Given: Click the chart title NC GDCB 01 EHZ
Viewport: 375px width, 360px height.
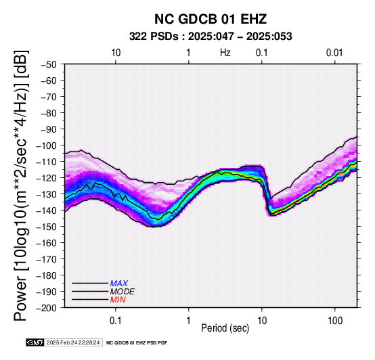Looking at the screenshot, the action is [211, 19].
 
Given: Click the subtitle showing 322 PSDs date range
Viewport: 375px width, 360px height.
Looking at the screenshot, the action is [211, 37].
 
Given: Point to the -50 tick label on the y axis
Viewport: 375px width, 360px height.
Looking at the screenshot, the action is [49, 64].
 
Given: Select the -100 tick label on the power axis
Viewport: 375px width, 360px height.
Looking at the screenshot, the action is [47, 145].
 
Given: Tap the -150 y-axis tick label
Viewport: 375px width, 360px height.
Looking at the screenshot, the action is [47, 227].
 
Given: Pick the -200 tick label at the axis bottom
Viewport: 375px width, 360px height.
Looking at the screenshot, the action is [47, 308].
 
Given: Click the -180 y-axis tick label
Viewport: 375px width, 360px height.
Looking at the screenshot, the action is [47, 275].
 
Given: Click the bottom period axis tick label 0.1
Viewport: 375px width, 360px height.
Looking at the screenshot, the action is [116, 321].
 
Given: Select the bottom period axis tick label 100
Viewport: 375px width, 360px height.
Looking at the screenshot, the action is [335, 321].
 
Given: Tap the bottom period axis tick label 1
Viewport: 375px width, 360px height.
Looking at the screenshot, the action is [189, 321].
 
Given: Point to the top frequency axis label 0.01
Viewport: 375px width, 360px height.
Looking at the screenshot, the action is [334, 53].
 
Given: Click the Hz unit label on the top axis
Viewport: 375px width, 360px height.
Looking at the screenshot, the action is [225, 53].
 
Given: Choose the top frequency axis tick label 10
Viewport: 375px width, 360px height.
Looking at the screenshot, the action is [116, 53].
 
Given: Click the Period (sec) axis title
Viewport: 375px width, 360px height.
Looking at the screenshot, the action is [225, 328].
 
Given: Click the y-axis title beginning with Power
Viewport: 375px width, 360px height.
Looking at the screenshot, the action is [20, 185].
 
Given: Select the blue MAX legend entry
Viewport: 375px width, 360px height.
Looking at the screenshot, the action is [119, 284].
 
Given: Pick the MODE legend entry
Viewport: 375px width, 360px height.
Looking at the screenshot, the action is [123, 292].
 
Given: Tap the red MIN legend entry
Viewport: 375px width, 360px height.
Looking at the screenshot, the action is [118, 300].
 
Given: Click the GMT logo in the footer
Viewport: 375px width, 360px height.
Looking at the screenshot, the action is [35, 342].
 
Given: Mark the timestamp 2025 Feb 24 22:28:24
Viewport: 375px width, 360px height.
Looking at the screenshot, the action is [73, 342].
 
